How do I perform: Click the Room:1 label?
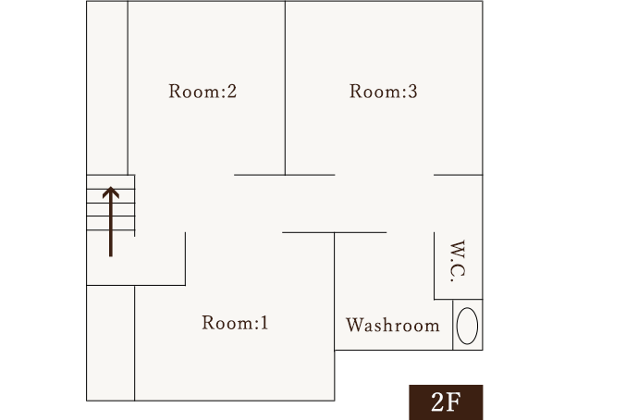click(235, 324)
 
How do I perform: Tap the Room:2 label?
click(203, 92)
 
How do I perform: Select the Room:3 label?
click(384, 92)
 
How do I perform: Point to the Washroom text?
click(393, 326)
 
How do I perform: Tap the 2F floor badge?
click(447, 401)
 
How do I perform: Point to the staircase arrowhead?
click(111, 193)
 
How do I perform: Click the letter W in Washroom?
click(353, 326)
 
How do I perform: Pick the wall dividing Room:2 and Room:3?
click(285, 88)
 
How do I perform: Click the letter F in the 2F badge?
click(455, 402)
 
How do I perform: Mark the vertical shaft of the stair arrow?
click(111, 227)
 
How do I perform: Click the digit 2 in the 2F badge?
click(438, 402)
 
